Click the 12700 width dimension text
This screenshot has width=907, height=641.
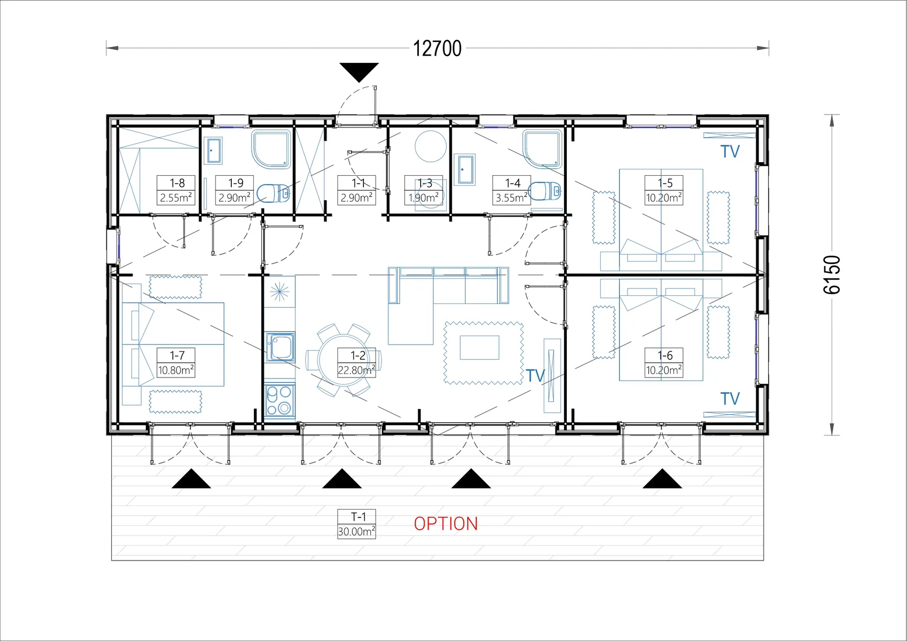437,49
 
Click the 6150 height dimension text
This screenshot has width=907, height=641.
832,274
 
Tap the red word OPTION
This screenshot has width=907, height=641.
446,524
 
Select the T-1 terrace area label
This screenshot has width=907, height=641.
357,524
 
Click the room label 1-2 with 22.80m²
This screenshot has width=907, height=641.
357,363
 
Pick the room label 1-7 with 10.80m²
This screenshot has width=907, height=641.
176,363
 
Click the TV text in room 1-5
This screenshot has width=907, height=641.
730,151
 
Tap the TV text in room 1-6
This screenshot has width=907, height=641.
730,399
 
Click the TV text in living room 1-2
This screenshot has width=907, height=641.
535,376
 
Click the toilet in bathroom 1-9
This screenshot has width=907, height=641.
273,193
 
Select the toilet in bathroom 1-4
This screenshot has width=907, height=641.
545,191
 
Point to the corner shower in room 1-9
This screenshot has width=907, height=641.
272,148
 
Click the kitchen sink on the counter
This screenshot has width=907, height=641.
280,347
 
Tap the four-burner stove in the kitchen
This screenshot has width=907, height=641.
279,401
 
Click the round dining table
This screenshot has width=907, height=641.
344,359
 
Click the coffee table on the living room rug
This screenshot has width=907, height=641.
480,347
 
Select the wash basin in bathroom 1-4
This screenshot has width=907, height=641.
464,169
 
